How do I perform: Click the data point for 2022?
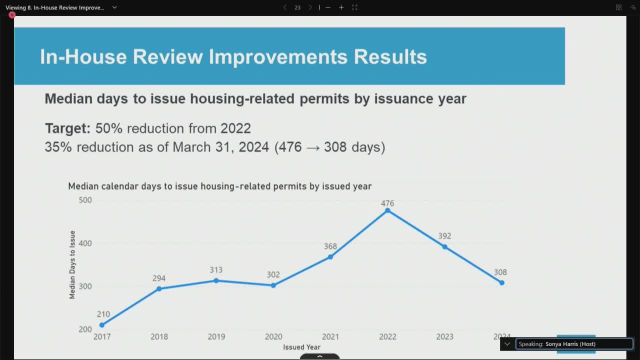click(x=387, y=210)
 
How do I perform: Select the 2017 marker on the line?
click(x=102, y=325)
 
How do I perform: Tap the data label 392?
click(x=444, y=236)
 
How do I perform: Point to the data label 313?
click(x=216, y=270)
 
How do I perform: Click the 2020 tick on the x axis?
click(x=273, y=336)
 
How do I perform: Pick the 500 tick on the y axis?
click(x=85, y=200)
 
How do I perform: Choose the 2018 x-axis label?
click(x=159, y=336)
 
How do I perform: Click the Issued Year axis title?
click(x=301, y=347)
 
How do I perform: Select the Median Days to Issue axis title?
click(x=72, y=264)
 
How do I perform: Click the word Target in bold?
click(x=67, y=128)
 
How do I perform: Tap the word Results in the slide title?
click(x=390, y=56)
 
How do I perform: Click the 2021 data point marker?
click(x=330, y=257)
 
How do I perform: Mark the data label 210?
click(x=103, y=314)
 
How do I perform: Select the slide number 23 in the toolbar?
click(x=297, y=7)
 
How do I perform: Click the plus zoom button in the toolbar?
click(x=341, y=7)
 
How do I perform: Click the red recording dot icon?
click(x=11, y=15)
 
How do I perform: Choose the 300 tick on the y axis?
click(x=85, y=286)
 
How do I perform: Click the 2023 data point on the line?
click(x=444, y=246)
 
